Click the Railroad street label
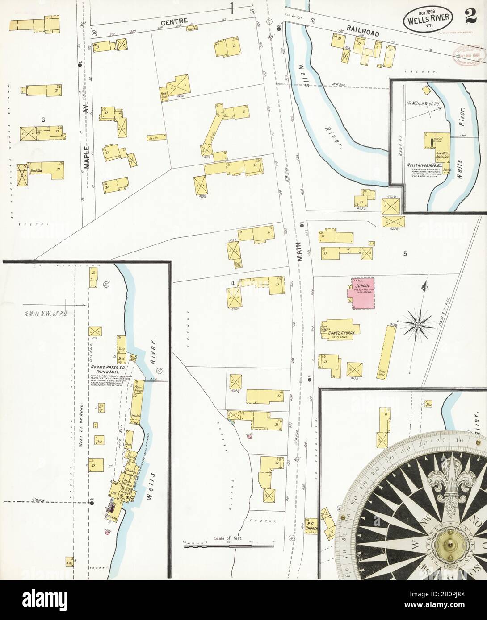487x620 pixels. [x=363, y=33]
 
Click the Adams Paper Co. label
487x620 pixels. [x=109, y=368]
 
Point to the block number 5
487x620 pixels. [x=405, y=254]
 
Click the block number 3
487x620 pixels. [x=43, y=120]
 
